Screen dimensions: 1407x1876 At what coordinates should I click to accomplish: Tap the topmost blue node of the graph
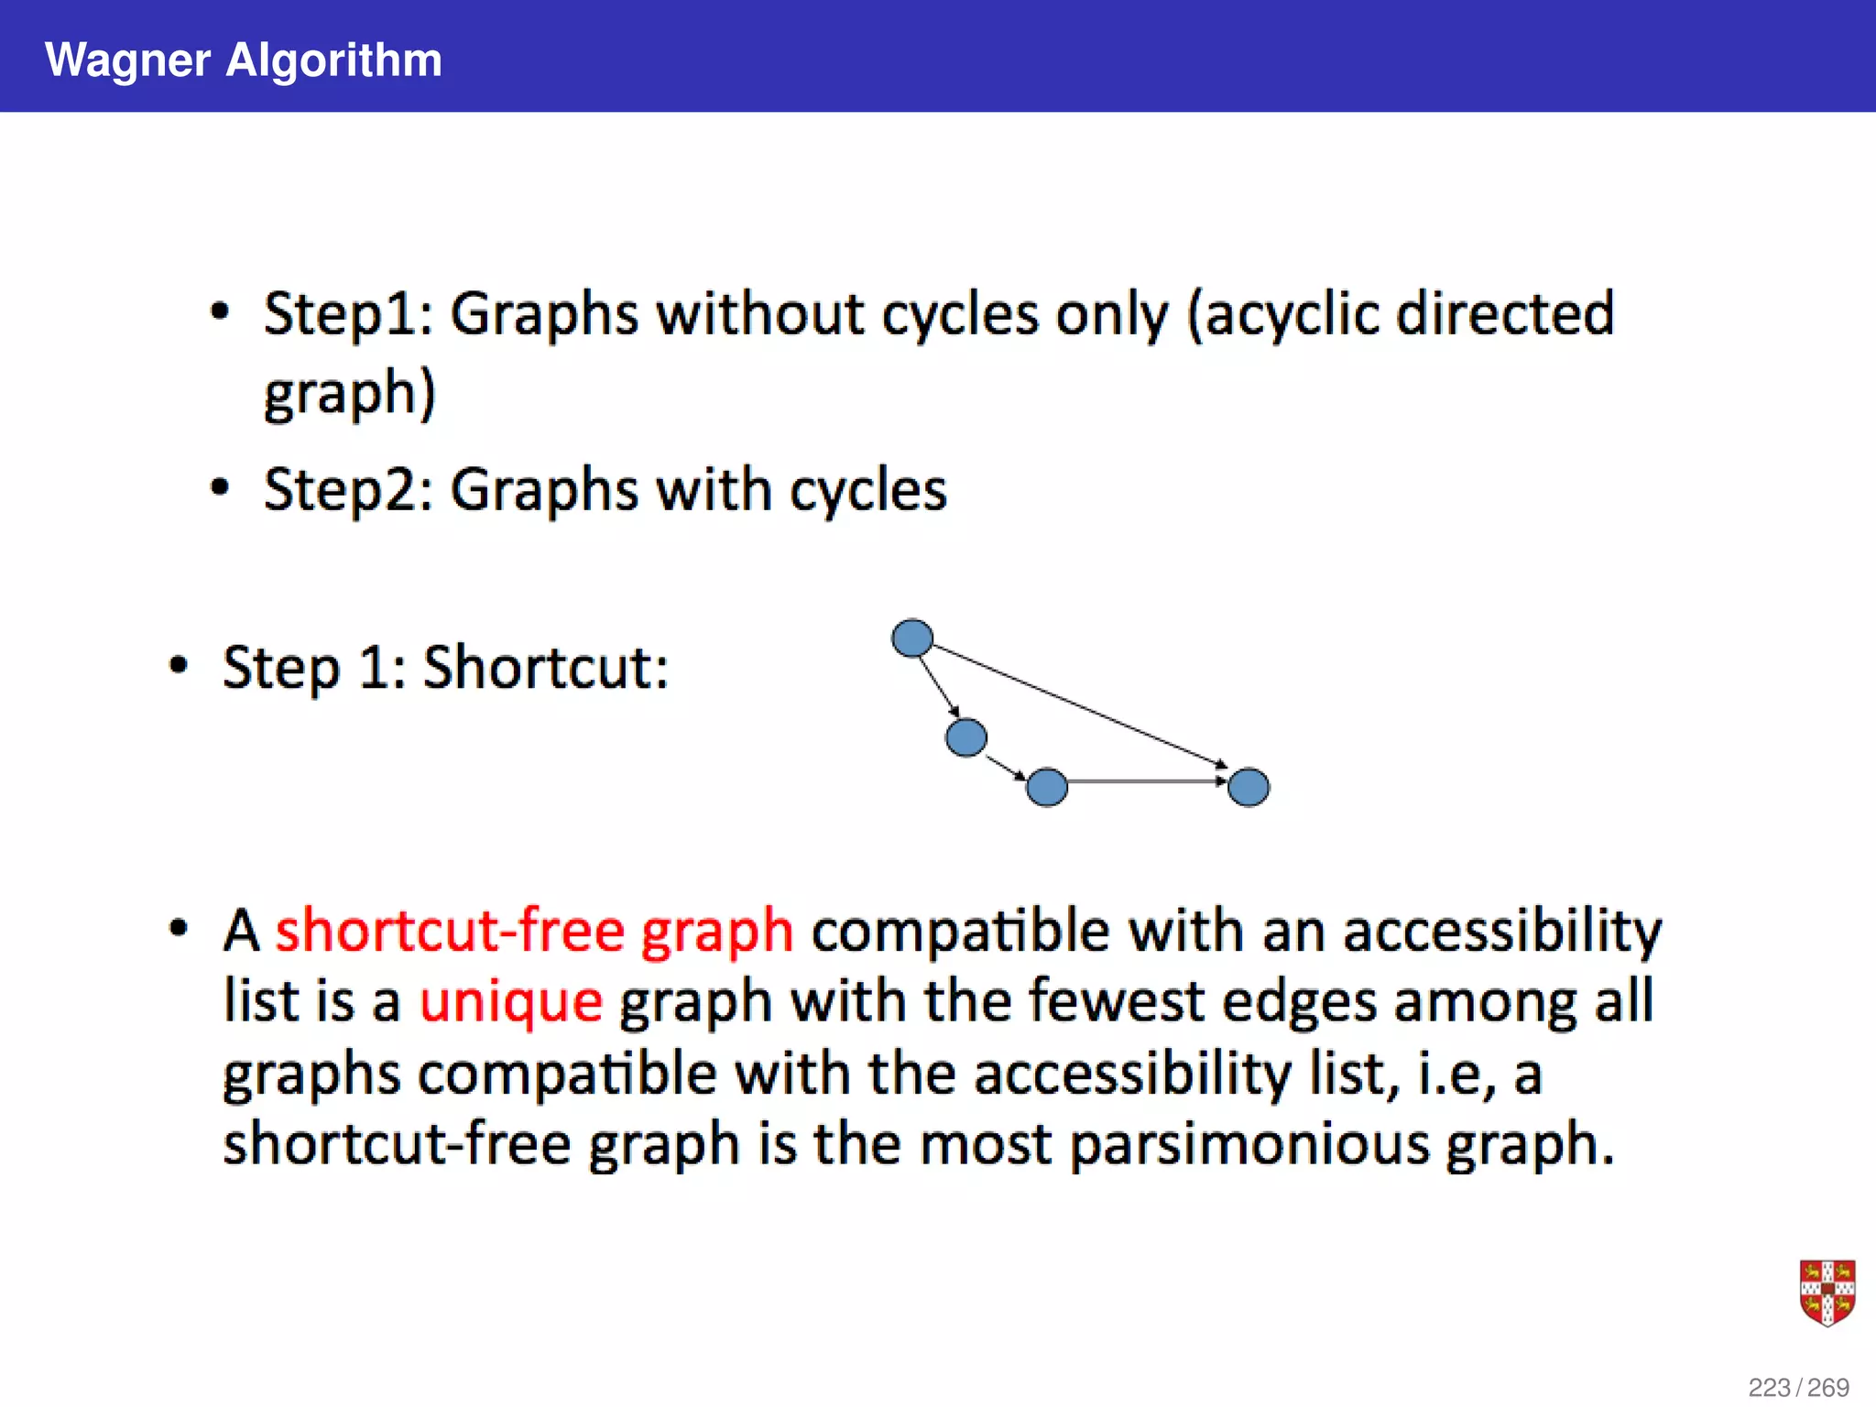tap(912, 638)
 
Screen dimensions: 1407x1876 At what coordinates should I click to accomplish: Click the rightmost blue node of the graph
tap(1248, 787)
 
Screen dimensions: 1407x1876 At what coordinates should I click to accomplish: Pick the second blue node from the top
tap(966, 737)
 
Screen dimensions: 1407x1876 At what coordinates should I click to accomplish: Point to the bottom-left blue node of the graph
tap(1047, 787)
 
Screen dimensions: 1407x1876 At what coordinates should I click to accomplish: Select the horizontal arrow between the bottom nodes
tap(1147, 781)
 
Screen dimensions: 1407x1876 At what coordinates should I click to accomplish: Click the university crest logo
tap(1827, 1292)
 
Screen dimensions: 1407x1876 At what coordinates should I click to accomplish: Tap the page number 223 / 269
tap(1798, 1387)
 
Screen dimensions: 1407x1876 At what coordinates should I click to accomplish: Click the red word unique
tap(511, 1000)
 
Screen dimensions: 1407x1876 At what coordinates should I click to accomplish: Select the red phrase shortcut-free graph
tap(534, 930)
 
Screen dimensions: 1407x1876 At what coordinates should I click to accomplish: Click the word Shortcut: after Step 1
tap(546, 667)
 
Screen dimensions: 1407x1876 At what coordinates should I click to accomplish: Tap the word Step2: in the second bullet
tap(348, 490)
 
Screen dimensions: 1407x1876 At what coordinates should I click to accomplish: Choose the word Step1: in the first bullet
tap(348, 314)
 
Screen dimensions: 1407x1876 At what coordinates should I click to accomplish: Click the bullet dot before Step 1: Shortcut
tap(179, 665)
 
